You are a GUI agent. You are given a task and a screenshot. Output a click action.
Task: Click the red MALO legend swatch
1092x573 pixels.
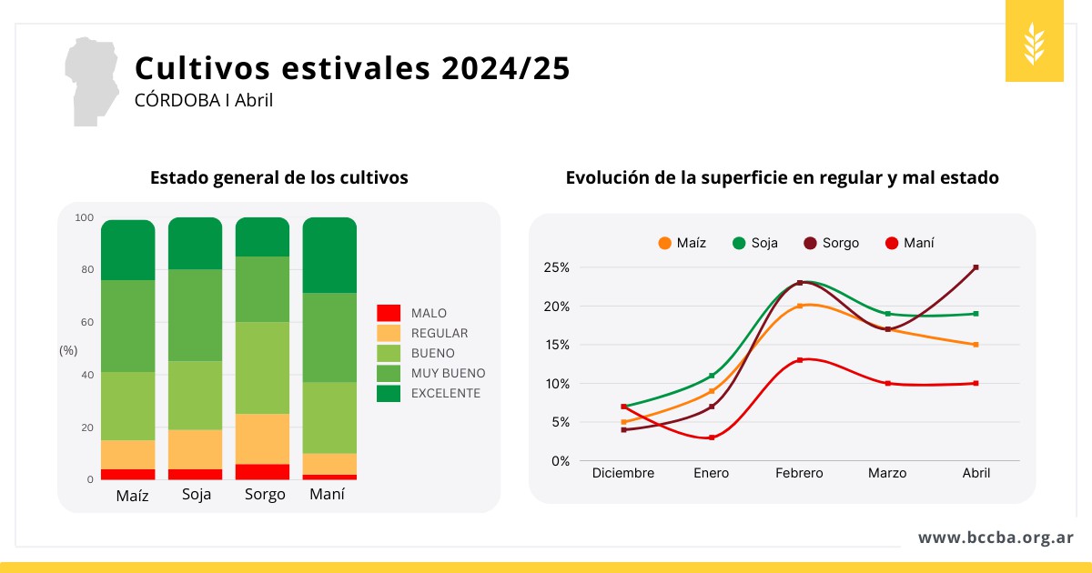tap(389, 313)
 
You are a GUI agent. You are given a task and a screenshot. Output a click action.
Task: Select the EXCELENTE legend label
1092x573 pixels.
tap(445, 393)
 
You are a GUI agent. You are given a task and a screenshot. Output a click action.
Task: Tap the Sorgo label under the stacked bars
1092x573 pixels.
tap(265, 495)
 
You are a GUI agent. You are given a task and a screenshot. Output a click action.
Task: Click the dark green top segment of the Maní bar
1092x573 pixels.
tap(329, 255)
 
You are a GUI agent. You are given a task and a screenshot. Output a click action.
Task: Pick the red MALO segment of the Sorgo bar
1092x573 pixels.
tap(263, 472)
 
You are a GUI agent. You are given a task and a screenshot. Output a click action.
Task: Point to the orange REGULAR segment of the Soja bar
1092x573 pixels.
tap(196, 449)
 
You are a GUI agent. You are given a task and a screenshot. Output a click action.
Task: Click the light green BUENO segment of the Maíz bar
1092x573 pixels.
tap(128, 406)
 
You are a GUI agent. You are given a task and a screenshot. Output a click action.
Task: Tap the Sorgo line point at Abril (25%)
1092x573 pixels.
tap(976, 267)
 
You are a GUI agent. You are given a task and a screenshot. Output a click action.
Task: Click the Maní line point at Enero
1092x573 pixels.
tap(712, 437)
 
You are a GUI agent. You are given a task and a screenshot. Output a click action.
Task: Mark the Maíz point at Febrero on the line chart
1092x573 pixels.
tap(800, 306)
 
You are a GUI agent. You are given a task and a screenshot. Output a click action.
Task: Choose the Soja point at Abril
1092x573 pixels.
tap(976, 314)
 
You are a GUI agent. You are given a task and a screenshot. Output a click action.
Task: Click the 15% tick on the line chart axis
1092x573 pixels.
tap(557, 345)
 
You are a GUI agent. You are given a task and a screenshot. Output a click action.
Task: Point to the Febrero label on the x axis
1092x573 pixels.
tap(799, 473)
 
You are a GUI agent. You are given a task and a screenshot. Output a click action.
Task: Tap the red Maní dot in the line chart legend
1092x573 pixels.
tap(892, 243)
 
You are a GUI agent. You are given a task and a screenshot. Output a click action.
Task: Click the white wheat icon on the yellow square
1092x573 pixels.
tap(1034, 42)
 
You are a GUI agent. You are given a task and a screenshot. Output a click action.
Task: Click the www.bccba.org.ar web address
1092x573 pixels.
tap(996, 538)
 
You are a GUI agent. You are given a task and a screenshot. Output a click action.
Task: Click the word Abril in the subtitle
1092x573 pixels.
tap(254, 100)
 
